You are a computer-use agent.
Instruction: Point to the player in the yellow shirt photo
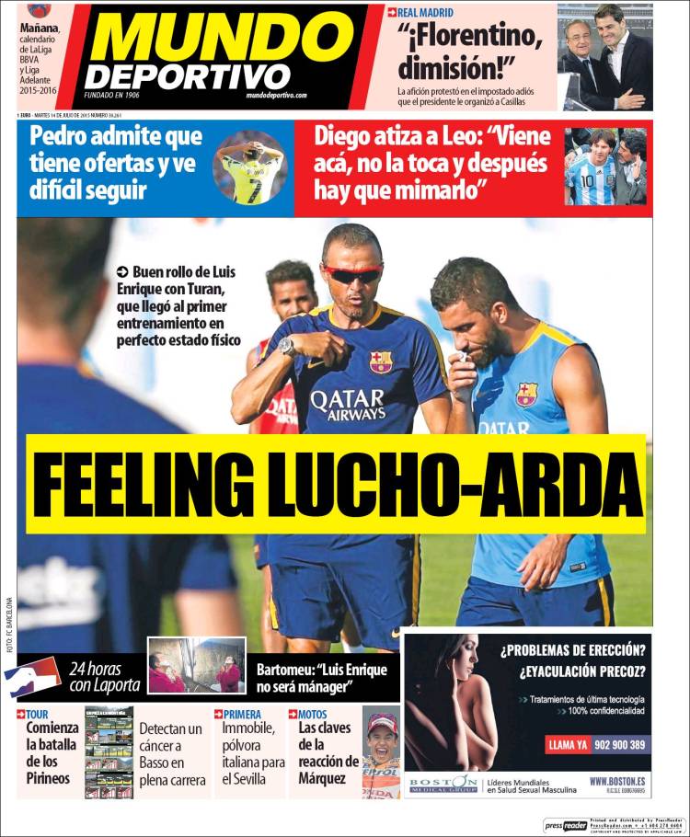pos(250,172)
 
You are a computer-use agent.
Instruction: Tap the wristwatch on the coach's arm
pos(288,346)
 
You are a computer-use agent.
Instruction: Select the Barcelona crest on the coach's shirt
pos(380,361)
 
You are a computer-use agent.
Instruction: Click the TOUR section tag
pos(37,714)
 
